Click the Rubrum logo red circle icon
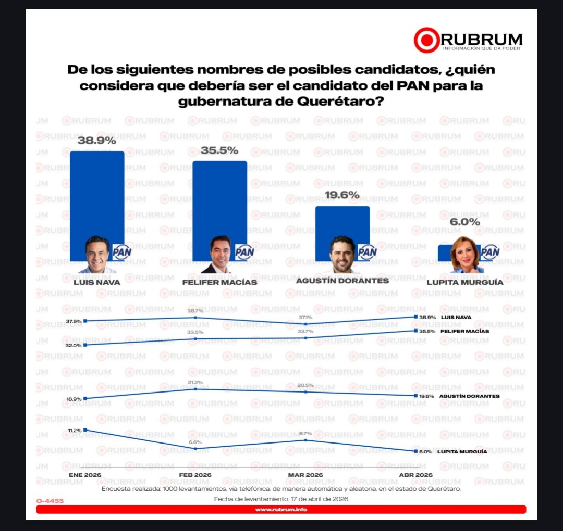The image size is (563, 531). [427, 40]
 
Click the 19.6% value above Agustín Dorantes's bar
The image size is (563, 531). [342, 195]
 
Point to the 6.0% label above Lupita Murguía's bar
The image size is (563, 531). [465, 222]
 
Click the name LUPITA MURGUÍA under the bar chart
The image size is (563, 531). [465, 282]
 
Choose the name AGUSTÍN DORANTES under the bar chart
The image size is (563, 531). [342, 281]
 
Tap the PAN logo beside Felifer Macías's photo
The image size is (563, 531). [244, 252]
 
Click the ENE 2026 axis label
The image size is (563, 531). [85, 475]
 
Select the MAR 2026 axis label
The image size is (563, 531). [305, 475]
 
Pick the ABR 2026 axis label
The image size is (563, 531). [415, 475]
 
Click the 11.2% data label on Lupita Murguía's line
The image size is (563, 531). [75, 431]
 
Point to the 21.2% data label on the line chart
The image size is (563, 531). [195, 382]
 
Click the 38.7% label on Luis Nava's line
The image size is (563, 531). [195, 310]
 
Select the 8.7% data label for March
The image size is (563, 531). [305, 433]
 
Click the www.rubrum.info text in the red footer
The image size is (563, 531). [281, 510]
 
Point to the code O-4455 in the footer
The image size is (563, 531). [50, 501]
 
